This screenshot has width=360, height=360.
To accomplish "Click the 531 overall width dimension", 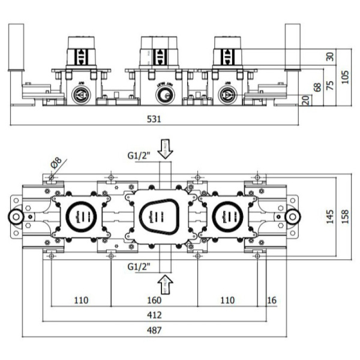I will coord(155,119).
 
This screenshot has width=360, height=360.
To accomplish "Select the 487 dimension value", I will coord(155,329).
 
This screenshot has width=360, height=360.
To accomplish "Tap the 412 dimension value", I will coord(155,314).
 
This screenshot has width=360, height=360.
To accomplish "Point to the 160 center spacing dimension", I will coord(155,299).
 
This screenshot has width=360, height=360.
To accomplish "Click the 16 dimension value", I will coord(271,299).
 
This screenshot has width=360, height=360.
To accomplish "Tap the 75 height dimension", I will coord(329,84).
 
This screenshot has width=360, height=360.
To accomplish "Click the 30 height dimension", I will coord(329,57).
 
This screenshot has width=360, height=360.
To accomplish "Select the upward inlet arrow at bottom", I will coord(164,280).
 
